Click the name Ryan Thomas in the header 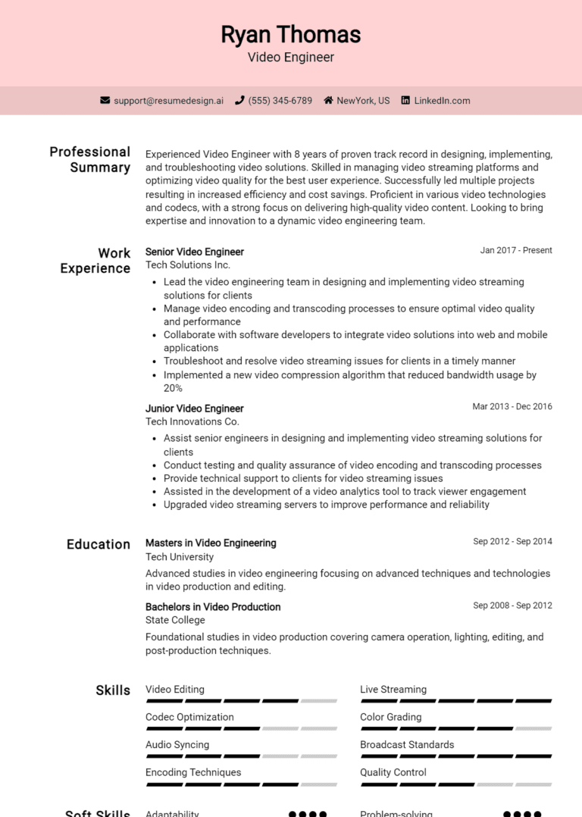click(290, 34)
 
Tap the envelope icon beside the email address click(105, 100)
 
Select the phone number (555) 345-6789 click(280, 100)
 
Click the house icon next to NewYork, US click(328, 100)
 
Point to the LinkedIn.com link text click(442, 100)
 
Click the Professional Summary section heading click(90, 159)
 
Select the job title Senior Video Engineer click(195, 252)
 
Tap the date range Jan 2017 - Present click(516, 250)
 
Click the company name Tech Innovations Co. click(192, 421)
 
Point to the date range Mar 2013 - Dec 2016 click(512, 406)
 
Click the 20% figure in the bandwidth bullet click(173, 388)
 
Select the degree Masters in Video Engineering click(211, 543)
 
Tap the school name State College click(175, 620)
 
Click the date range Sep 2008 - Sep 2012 click(512, 606)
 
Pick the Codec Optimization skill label click(189, 717)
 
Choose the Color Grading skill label click(390, 717)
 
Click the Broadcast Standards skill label click(407, 744)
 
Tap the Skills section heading click(113, 690)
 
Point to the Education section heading click(99, 544)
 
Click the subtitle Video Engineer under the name click(290, 57)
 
